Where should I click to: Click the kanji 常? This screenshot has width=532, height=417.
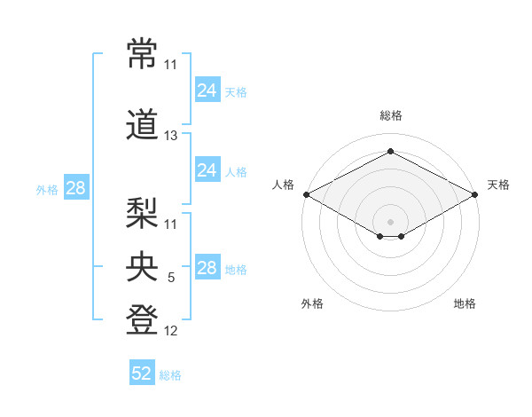[x=142, y=53]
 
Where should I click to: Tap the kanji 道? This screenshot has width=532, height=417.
[x=142, y=124]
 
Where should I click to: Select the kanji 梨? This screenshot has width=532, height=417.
[x=142, y=213]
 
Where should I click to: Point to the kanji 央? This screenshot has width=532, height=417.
[x=142, y=266]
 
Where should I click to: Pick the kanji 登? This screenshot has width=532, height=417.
[x=142, y=319]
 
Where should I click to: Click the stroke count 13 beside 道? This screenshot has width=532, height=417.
[x=170, y=136]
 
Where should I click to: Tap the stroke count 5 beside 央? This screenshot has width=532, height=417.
[x=171, y=278]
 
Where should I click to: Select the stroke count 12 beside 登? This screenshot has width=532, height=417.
[x=170, y=331]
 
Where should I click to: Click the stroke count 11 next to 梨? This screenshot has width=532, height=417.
[x=170, y=224]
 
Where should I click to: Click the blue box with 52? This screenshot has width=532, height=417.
[x=142, y=372]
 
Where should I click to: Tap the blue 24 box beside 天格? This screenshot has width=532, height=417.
[x=207, y=90]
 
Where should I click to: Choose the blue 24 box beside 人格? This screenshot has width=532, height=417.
[x=207, y=169]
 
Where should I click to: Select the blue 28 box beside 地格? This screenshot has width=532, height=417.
[x=207, y=266]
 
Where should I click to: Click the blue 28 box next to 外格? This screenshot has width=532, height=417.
[x=76, y=187]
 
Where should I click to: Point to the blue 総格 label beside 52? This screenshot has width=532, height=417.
[x=170, y=375]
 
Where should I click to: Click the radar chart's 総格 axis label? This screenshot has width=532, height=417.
[x=391, y=115]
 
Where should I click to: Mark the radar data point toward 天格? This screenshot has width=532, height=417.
[x=475, y=194]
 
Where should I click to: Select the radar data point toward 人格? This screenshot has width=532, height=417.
[x=307, y=194]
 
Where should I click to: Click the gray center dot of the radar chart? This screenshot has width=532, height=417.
[x=390, y=222]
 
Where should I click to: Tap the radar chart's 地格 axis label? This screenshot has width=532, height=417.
[x=465, y=303]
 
